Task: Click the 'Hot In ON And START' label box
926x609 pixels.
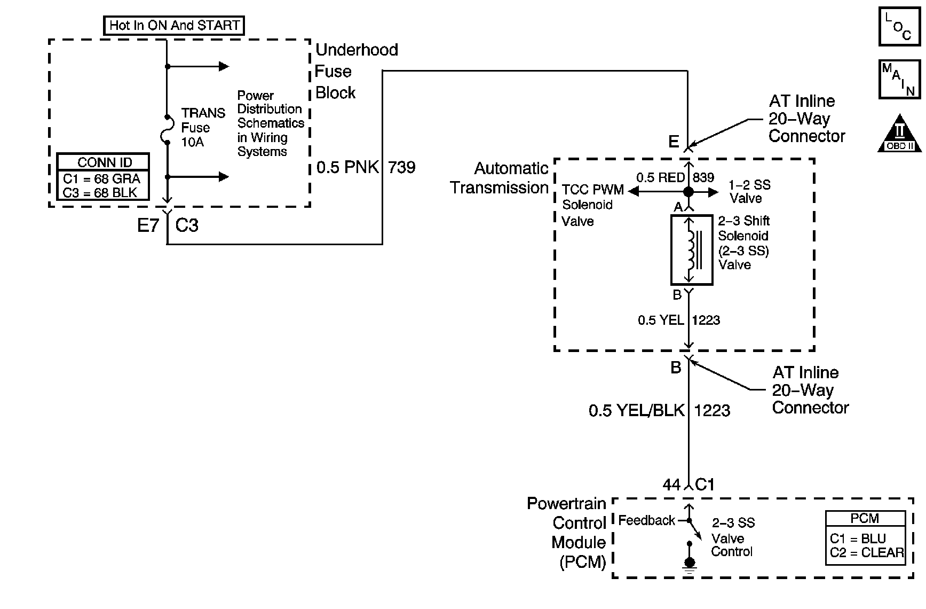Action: click(174, 26)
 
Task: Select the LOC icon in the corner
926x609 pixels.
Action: click(899, 26)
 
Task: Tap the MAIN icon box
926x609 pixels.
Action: click(900, 80)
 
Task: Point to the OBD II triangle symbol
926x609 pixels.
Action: click(899, 133)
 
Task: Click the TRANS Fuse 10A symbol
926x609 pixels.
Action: click(167, 129)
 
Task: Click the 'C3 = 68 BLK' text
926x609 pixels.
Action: click(100, 192)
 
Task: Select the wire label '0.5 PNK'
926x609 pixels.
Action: click(347, 167)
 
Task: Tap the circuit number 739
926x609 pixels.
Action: click(401, 167)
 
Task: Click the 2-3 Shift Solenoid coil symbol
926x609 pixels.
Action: click(692, 250)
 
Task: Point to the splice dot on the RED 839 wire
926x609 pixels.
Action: click(688, 192)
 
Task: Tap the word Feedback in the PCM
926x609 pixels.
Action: click(646, 520)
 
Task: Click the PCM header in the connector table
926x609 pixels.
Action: click(865, 518)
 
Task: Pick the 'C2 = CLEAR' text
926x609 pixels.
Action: click(867, 553)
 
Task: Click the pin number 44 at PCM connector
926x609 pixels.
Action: click(671, 485)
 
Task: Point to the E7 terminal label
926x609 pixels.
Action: click(148, 225)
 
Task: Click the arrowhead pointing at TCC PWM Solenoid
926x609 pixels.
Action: click(633, 192)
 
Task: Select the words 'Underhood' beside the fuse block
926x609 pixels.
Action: click(357, 50)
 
